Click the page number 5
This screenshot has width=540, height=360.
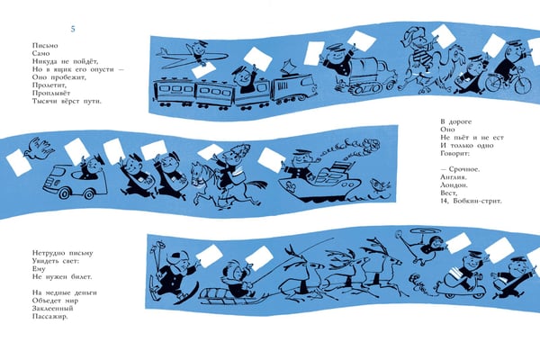(73, 29)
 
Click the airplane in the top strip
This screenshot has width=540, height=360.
(192, 57)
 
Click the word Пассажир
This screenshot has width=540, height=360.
(50, 316)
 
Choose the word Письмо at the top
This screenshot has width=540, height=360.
(45, 46)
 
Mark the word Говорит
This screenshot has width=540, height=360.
(454, 153)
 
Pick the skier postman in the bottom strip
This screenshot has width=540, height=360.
(172, 272)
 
